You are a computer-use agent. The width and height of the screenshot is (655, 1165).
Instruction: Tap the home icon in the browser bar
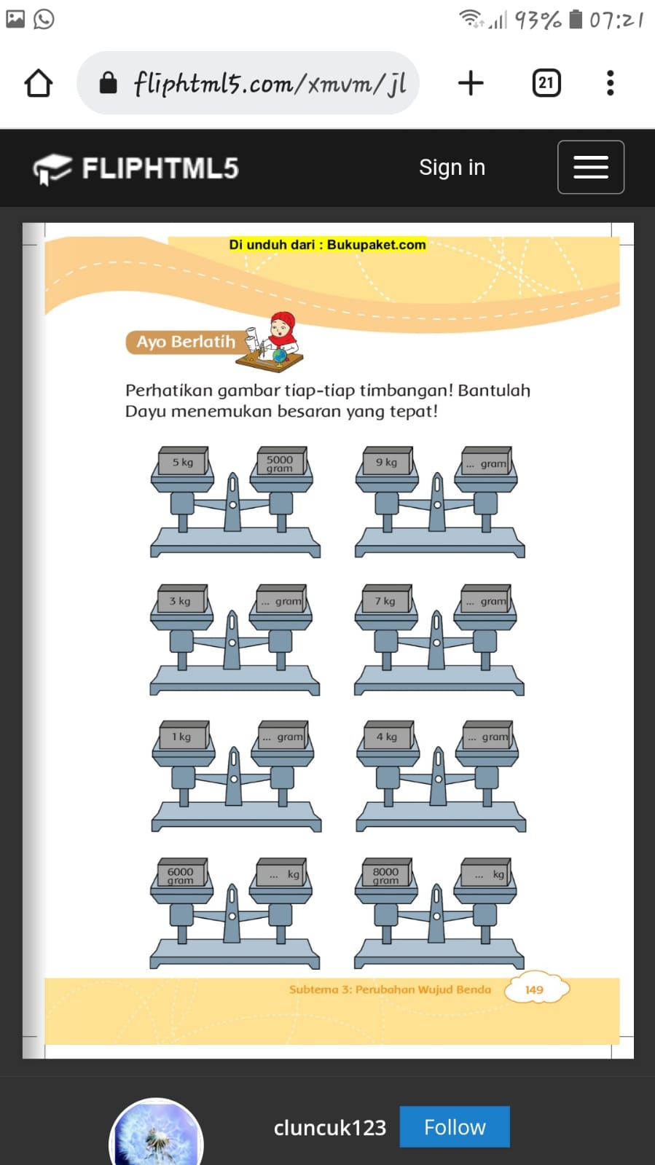[x=38, y=83]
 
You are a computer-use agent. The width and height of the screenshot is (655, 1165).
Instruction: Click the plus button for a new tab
[x=471, y=83]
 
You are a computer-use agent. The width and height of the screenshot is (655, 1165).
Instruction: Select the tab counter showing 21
[x=546, y=83]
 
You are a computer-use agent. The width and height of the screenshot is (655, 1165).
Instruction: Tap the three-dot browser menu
[x=611, y=83]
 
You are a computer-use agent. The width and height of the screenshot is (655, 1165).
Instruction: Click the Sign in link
[x=452, y=168]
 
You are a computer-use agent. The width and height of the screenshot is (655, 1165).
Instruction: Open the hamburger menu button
[x=590, y=167]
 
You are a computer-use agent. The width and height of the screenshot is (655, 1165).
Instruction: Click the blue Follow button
[x=454, y=1127]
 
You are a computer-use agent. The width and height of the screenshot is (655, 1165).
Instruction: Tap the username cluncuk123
[x=330, y=1128]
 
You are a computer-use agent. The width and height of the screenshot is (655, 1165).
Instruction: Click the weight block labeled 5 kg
[x=183, y=460]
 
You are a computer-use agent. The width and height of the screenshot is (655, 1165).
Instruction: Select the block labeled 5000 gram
[x=282, y=460]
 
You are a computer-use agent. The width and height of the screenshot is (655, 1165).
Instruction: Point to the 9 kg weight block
[x=388, y=460]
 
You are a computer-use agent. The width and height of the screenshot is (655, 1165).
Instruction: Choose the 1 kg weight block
[x=184, y=735]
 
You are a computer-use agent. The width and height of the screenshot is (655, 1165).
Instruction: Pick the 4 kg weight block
[x=388, y=735]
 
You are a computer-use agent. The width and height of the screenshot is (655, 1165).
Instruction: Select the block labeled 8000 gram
[x=387, y=872]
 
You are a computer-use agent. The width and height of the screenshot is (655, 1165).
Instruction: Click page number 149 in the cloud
[x=534, y=989]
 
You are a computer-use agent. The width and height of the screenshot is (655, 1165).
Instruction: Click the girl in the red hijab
[x=281, y=332]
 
